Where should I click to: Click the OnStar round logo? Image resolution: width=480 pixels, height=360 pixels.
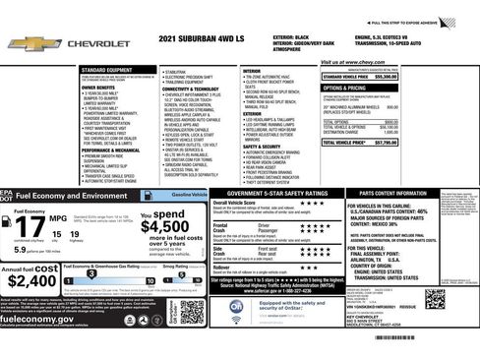click(x=237, y=307)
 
